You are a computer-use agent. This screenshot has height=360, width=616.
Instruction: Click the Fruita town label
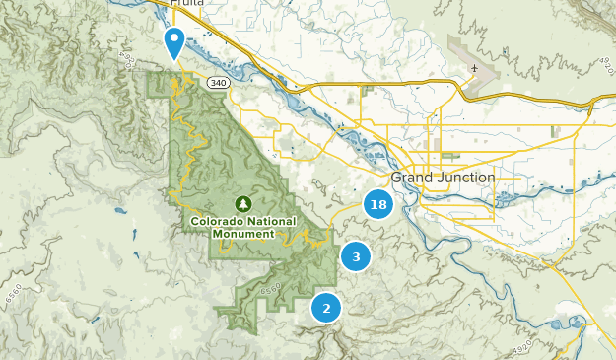[187, 4]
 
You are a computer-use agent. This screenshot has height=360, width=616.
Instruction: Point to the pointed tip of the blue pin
[174, 61]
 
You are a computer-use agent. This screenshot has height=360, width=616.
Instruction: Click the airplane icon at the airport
[474, 69]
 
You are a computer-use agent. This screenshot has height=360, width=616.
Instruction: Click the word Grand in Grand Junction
[412, 178]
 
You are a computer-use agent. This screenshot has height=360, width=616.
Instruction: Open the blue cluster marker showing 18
[378, 205]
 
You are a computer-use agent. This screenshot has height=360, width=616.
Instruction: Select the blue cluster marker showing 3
[356, 256]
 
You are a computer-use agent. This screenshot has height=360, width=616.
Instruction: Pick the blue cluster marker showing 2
[326, 308]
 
